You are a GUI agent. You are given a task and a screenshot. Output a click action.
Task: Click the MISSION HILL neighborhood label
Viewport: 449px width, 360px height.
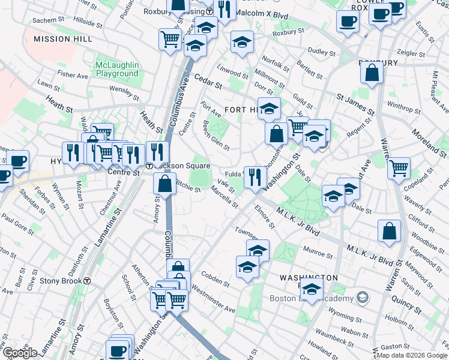[x=63, y=38]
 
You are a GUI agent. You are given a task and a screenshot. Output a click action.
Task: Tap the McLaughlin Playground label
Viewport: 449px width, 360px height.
[x=116, y=69]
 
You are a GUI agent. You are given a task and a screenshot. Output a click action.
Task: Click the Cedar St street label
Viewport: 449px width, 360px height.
[x=208, y=82]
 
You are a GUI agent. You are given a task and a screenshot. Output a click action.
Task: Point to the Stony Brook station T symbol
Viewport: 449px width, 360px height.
[x=87, y=280]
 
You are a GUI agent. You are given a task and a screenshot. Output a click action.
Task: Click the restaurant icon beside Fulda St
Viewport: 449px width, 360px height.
[x=256, y=176]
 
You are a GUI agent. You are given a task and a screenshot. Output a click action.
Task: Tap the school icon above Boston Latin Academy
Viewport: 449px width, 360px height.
[x=312, y=290]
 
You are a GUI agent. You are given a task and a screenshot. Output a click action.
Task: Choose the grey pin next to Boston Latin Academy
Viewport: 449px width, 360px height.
[x=362, y=297]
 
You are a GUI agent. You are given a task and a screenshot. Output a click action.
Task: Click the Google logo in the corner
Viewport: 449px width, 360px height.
[x=20, y=352]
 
